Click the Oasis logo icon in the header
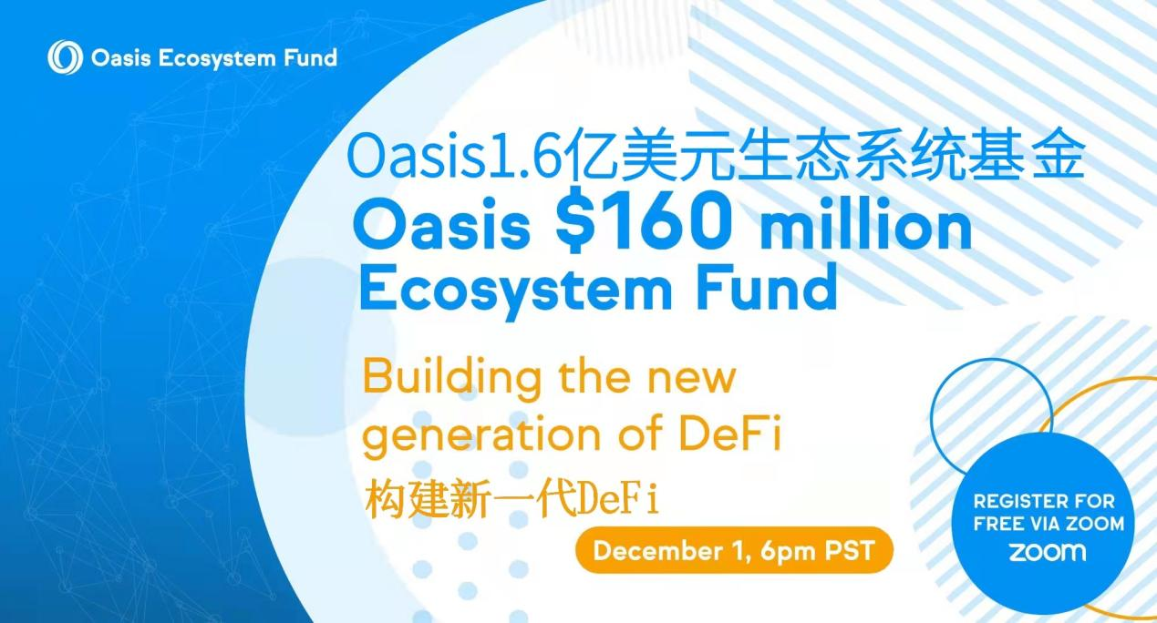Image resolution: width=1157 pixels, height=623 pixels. point(65,57)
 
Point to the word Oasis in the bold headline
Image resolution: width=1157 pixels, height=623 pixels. point(443,227)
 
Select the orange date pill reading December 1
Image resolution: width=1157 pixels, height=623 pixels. point(734,550)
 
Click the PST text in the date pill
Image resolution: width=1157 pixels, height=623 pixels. point(849,550)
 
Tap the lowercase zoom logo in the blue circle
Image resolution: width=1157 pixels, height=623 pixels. point(1048,552)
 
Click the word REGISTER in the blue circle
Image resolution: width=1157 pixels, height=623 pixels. point(1016,501)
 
